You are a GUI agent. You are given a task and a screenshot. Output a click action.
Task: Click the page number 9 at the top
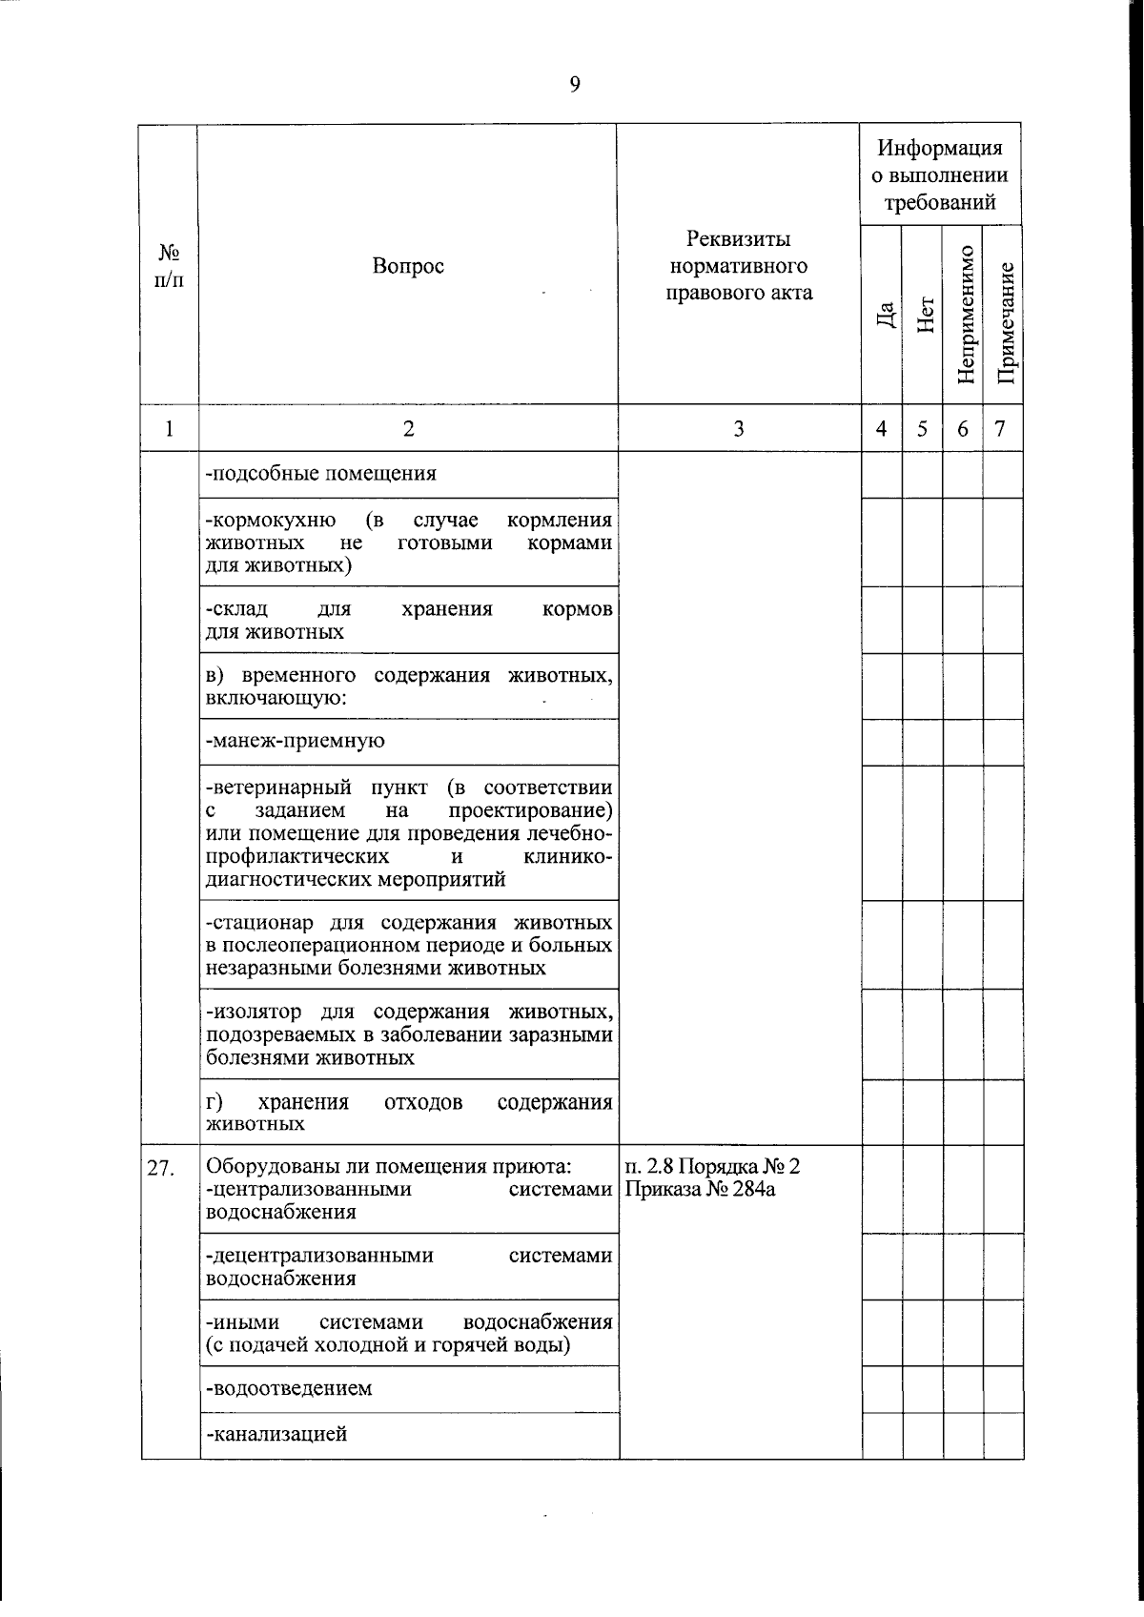pos(574,85)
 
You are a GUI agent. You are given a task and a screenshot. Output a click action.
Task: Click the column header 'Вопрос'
pos(408,266)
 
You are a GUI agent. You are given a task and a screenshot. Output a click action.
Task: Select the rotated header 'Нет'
pos(924,316)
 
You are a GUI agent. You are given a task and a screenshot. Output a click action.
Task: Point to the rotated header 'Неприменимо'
pos(965,316)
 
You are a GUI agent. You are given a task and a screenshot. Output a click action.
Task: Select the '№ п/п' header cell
pos(169,266)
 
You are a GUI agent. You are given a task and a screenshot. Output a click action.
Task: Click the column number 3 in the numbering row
pos(738,429)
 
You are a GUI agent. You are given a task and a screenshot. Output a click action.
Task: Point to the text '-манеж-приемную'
pos(296,741)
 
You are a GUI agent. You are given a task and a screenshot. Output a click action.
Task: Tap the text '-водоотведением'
pos(289,1388)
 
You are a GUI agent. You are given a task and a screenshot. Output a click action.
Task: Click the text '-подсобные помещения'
pos(321,473)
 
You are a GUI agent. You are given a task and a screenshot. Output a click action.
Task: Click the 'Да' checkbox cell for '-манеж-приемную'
pos(882,741)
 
